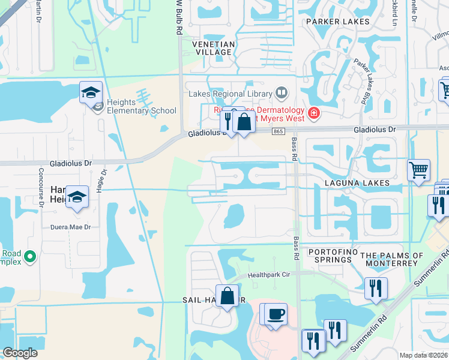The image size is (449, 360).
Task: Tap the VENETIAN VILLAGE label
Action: (x=212, y=48)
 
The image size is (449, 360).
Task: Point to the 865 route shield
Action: (x=277, y=131)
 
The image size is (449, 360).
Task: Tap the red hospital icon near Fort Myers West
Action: (x=313, y=112)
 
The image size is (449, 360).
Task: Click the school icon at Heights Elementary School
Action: (x=91, y=93)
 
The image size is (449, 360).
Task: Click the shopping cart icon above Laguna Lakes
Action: (x=418, y=169)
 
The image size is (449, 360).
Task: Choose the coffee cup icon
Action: (x=276, y=314)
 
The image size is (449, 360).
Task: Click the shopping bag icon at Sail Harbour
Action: (x=228, y=296)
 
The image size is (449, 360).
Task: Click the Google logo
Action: (x=20, y=353)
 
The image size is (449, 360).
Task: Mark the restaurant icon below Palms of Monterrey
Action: (x=376, y=288)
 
